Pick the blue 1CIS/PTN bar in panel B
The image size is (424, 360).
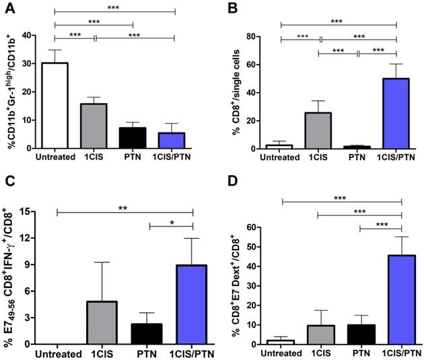tap(396, 114)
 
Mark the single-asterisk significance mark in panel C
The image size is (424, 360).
tap(171, 221)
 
